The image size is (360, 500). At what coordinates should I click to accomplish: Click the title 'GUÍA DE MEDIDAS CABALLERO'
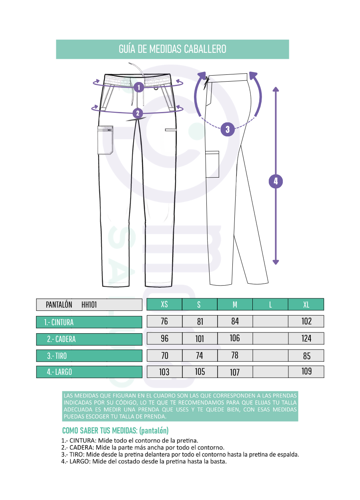pyautogui.click(x=172, y=49)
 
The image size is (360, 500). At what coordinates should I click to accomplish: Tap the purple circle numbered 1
pyautogui.click(x=139, y=87)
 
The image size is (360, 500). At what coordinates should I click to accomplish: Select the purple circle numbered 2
pyautogui.click(x=138, y=113)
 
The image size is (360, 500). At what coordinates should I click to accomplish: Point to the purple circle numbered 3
pyautogui.click(x=228, y=129)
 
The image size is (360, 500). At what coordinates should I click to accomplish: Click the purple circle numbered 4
pyautogui.click(x=276, y=181)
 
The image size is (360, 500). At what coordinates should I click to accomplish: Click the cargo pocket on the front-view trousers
pyautogui.click(x=105, y=140)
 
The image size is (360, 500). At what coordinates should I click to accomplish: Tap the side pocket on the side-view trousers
pyautogui.click(x=212, y=164)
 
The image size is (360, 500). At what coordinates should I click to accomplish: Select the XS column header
pyautogui.click(x=164, y=304)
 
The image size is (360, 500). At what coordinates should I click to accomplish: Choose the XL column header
pyautogui.click(x=306, y=304)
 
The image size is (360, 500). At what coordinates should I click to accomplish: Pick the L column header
pyautogui.click(x=270, y=304)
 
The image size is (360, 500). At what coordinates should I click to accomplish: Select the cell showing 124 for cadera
pyautogui.click(x=306, y=338)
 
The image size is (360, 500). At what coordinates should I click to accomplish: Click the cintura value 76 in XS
pyautogui.click(x=164, y=322)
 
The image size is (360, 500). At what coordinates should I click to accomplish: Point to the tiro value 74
pyautogui.click(x=200, y=356)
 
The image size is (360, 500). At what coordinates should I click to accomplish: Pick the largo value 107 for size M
pyautogui.click(x=235, y=372)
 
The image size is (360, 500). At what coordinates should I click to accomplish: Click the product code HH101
pyautogui.click(x=89, y=305)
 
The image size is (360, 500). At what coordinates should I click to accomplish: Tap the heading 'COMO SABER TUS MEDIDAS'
pyautogui.click(x=100, y=430)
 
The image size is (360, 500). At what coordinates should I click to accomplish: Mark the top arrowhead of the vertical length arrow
pyautogui.click(x=276, y=89)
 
